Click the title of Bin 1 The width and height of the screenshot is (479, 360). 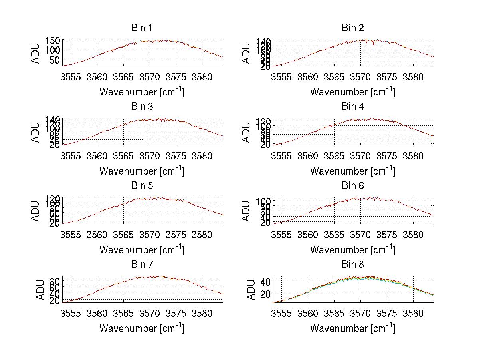141,28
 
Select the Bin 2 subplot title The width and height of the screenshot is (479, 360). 353,28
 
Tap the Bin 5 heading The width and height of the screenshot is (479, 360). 141,185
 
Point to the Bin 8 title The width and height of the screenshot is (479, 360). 353,264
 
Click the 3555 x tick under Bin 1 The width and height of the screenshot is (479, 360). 71,77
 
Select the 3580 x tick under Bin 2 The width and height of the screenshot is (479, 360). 413,77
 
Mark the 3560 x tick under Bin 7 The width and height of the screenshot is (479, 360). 97,314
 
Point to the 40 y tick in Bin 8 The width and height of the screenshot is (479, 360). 266,281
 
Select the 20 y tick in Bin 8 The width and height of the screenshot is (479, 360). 266,293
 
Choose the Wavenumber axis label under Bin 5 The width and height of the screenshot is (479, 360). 142,250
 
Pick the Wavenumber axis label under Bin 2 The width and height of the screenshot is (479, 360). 352,91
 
